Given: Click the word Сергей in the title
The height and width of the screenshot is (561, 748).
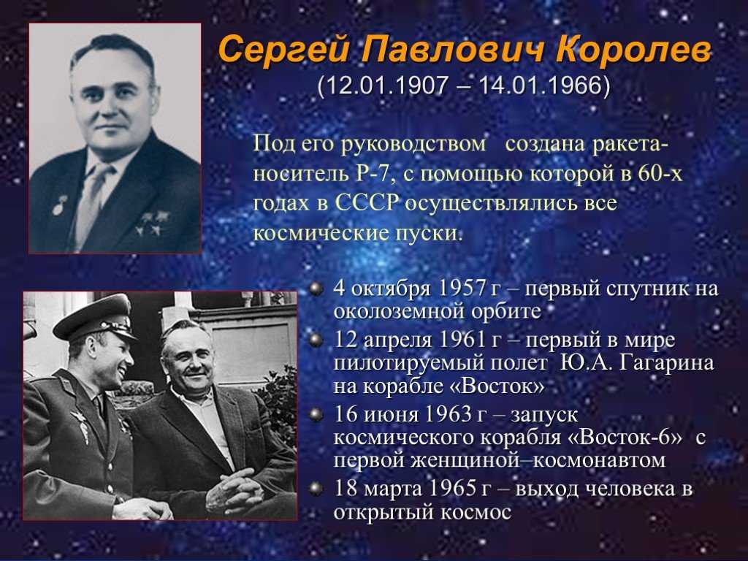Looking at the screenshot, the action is coord(283,50).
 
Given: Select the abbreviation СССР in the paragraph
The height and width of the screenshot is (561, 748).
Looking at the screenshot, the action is coord(367,203).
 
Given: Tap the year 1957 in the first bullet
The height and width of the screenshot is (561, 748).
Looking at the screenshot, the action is coord(461,289).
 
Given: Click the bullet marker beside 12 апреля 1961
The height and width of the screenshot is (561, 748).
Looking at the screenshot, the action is coord(315,340).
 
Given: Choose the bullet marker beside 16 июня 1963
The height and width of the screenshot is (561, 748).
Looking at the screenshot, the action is coord(315,414).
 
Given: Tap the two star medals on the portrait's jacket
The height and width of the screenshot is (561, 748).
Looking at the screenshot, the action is coord(153,224).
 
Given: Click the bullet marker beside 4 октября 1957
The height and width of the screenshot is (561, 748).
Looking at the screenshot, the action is coord(315,289).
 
